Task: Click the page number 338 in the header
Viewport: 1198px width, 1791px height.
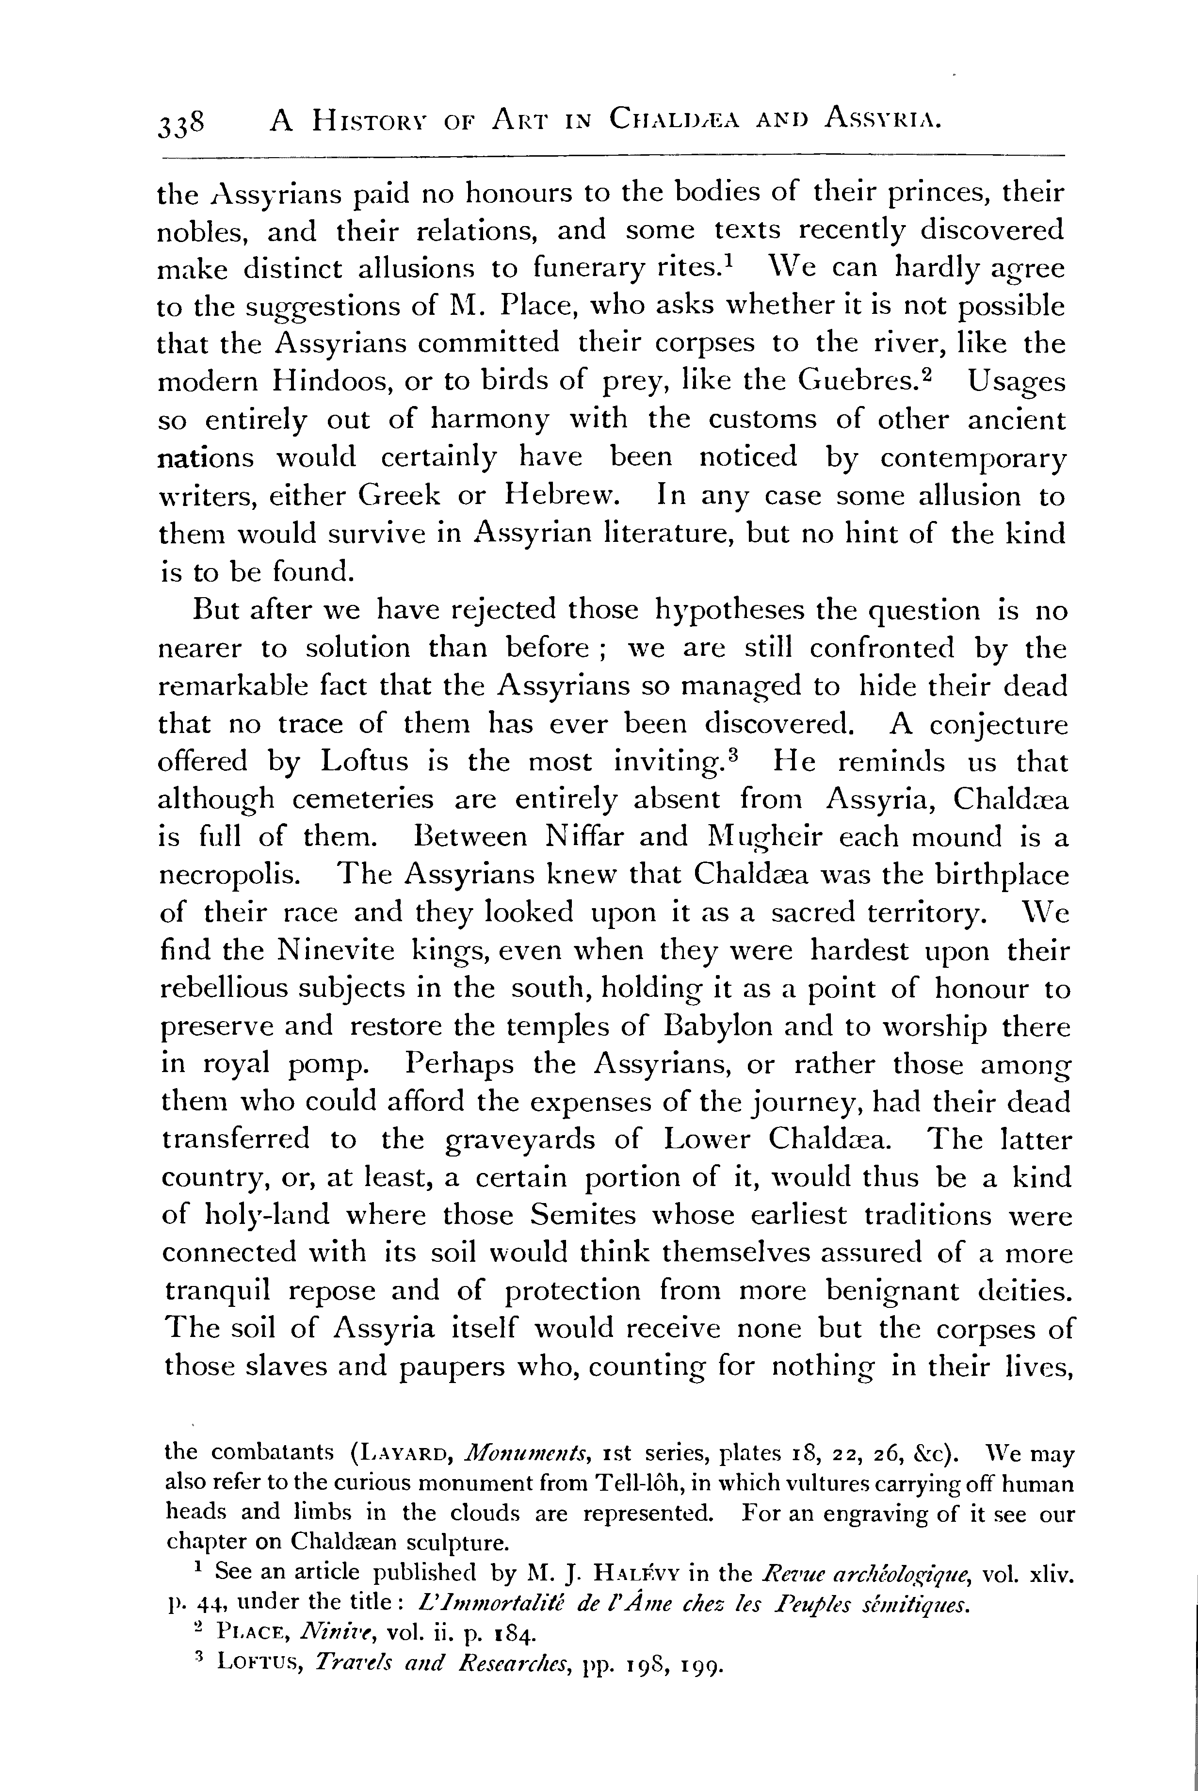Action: (x=181, y=122)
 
